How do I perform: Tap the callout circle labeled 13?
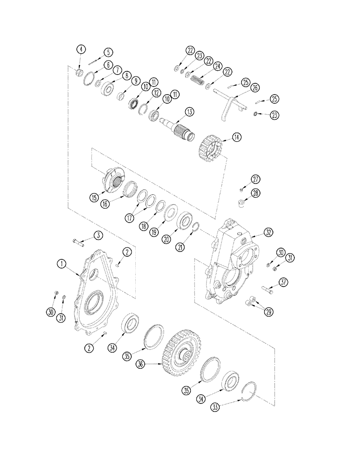coord(189,112)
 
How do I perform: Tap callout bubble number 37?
coord(283,282)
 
